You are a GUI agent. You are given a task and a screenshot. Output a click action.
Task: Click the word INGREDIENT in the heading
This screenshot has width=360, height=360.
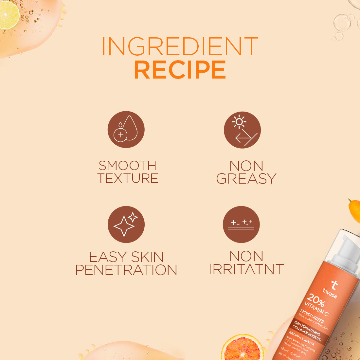click(x=180, y=46)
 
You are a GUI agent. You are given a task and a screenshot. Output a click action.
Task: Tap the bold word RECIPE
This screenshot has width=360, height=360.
click(x=180, y=70)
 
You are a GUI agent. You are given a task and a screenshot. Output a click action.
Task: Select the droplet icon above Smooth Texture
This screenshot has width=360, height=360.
click(x=126, y=129)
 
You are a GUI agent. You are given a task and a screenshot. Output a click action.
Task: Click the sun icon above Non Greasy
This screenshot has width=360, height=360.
click(x=242, y=130)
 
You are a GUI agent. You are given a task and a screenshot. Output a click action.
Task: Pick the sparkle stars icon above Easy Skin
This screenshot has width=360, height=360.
click(x=126, y=224)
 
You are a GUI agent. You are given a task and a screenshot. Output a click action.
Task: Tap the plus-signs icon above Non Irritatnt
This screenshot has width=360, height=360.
click(x=241, y=224)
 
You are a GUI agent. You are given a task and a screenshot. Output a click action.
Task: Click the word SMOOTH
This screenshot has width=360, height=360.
click(x=128, y=166)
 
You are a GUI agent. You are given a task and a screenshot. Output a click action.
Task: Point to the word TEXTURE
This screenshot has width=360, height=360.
click(x=128, y=179)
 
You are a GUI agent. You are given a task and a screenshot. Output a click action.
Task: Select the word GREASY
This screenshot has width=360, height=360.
click(x=246, y=179)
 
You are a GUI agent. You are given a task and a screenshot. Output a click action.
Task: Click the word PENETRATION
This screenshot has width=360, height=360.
click(x=126, y=270)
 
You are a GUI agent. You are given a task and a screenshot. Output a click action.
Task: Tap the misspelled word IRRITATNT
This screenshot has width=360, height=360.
click(x=246, y=269)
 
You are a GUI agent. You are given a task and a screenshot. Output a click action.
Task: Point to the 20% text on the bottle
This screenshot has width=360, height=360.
click(x=315, y=300)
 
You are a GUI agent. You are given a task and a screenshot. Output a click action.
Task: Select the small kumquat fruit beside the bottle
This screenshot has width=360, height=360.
click(x=354, y=210)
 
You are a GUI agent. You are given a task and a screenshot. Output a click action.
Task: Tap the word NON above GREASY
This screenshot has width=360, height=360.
click(x=246, y=166)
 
